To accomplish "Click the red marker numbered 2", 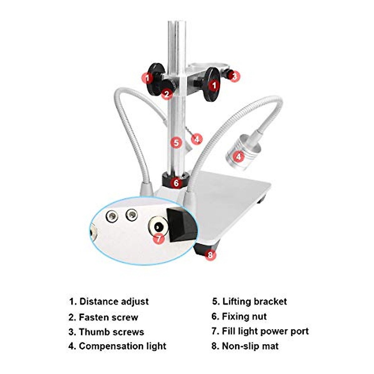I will click(167, 94).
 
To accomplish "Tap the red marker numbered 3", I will click(235, 76).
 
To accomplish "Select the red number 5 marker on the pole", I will click(176, 142).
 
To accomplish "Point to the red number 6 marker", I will click(176, 183).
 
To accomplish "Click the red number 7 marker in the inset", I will click(159, 239).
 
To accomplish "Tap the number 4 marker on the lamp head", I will click(239, 156).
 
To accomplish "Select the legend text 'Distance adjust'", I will click(114, 301).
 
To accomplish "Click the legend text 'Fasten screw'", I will click(108, 317).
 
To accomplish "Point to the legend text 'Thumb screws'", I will click(111, 332).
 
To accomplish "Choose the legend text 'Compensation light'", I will click(122, 346).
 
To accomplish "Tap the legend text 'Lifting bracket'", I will click(254, 301).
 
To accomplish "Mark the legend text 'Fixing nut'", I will click(244, 317).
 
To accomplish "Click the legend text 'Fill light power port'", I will click(265, 331).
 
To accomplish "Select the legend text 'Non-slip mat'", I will click(250, 346).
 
